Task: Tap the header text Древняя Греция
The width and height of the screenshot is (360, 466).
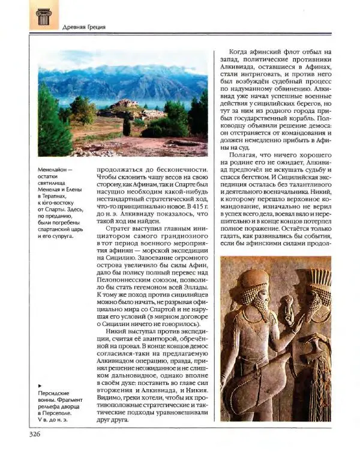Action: point(84,26)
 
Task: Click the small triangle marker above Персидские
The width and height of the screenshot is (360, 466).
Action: point(39,385)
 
